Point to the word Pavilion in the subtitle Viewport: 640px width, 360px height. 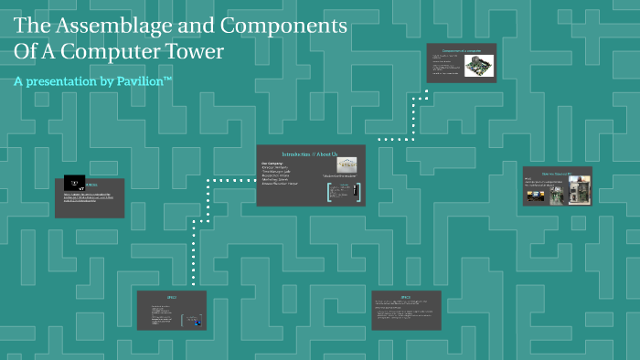pos(136,81)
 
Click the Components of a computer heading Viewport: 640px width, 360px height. pos(461,50)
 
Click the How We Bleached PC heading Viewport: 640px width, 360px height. pos(556,172)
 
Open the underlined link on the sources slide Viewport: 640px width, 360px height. pos(91,198)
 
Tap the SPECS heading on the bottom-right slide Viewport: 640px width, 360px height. pos(406,298)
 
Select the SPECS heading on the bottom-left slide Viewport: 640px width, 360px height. pos(171,298)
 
